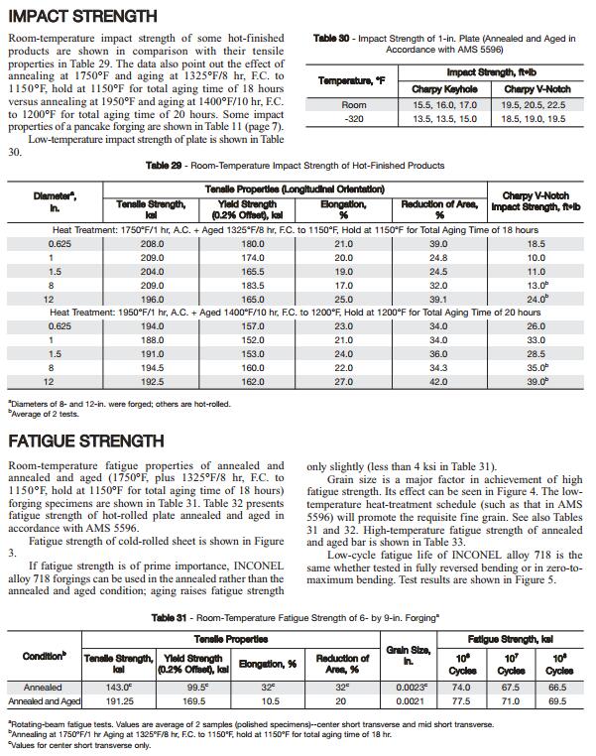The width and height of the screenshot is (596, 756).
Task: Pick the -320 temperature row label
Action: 354,119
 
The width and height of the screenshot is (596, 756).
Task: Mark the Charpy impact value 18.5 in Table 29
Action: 536,243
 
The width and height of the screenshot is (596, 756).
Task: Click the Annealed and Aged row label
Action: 42,700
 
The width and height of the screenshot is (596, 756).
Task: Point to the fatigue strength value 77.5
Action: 461,700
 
